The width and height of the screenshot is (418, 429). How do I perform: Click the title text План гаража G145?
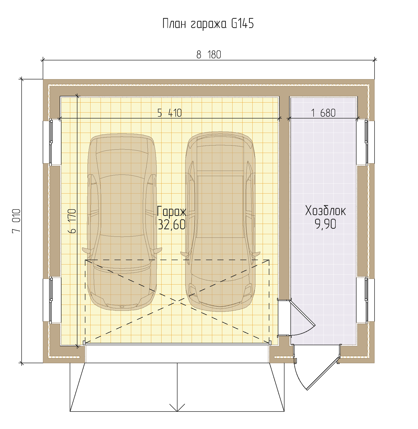pos(208,24)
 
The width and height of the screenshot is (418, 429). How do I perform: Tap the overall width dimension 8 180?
pos(209,55)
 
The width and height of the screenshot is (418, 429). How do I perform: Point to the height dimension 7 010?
pos(16,221)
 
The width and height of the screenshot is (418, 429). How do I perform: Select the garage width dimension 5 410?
pos(170,113)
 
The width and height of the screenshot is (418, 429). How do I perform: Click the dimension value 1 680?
pos(323,113)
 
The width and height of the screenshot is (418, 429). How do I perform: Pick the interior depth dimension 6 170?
pos(72,221)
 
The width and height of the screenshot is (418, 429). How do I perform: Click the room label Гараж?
pos(172,212)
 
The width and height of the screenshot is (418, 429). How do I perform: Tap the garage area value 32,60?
pos(172,224)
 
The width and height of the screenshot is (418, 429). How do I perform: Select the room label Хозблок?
pos(325,211)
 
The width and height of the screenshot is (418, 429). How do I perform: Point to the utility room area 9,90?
pos(325,224)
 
